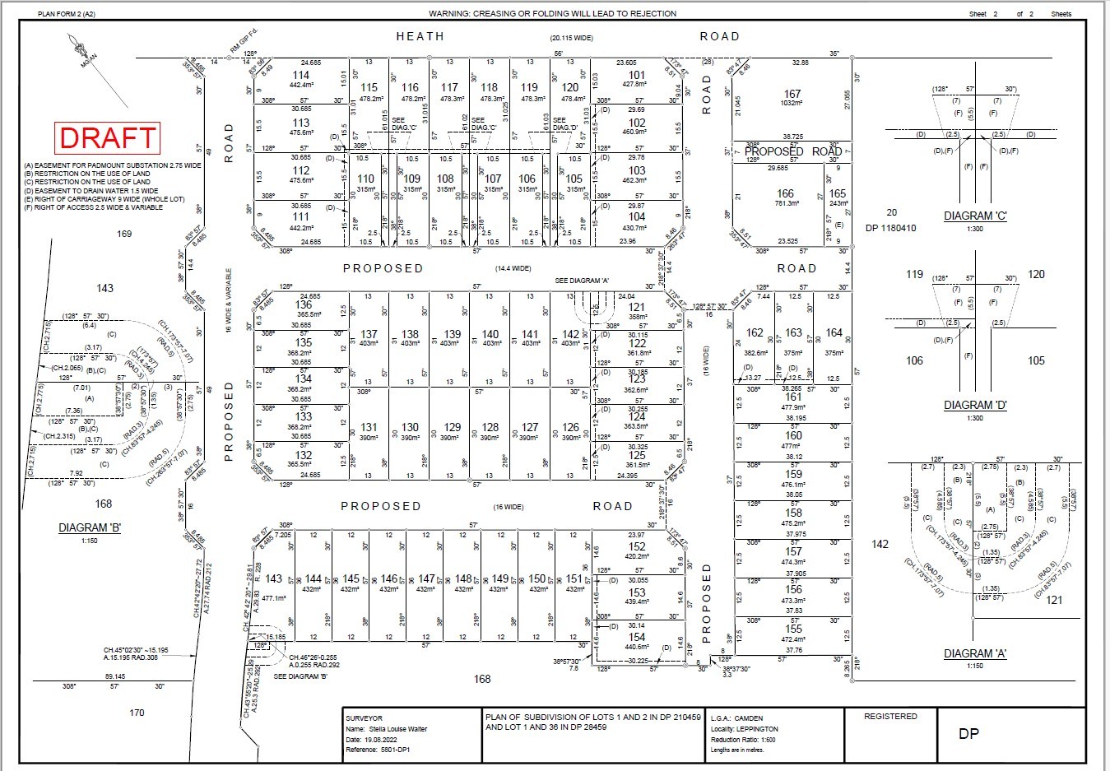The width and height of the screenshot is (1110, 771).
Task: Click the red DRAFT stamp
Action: tap(106, 137)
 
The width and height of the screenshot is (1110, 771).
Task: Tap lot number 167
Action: tap(792, 94)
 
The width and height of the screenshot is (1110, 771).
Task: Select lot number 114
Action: tap(301, 76)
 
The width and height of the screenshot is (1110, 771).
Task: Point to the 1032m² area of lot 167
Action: tap(792, 104)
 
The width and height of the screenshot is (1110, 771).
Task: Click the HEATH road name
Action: tap(420, 36)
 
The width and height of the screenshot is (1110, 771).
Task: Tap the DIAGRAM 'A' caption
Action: tap(975, 653)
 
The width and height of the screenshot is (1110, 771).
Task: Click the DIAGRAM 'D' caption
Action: tap(975, 405)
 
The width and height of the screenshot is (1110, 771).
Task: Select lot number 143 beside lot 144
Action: tap(274, 578)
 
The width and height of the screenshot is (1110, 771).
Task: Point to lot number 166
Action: tap(786, 193)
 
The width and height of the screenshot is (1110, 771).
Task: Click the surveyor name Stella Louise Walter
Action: tap(398, 729)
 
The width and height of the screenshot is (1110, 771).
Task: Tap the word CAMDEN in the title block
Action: tap(749, 718)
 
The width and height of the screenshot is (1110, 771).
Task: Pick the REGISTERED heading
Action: tap(890, 717)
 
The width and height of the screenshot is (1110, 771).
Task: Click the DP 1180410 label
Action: tap(890, 228)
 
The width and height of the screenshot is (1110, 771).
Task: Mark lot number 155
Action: tap(793, 628)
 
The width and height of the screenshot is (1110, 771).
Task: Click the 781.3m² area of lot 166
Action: tap(786, 203)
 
